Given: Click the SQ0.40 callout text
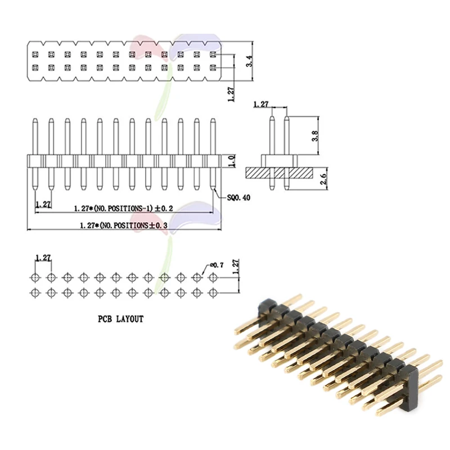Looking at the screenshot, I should pos(239,198).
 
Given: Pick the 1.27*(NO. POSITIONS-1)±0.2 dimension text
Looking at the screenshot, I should pos(123,208).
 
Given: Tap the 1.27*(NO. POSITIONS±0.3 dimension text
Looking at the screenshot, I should pos(123,225).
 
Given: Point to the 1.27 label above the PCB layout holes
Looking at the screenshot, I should pos(43,258).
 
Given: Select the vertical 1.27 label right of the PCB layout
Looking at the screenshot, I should pos(236,267).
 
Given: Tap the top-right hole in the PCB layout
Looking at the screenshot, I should pos(213,277).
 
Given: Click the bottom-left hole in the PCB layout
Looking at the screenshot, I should pos(35,291).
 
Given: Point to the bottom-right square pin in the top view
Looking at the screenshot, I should pos(213,67).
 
